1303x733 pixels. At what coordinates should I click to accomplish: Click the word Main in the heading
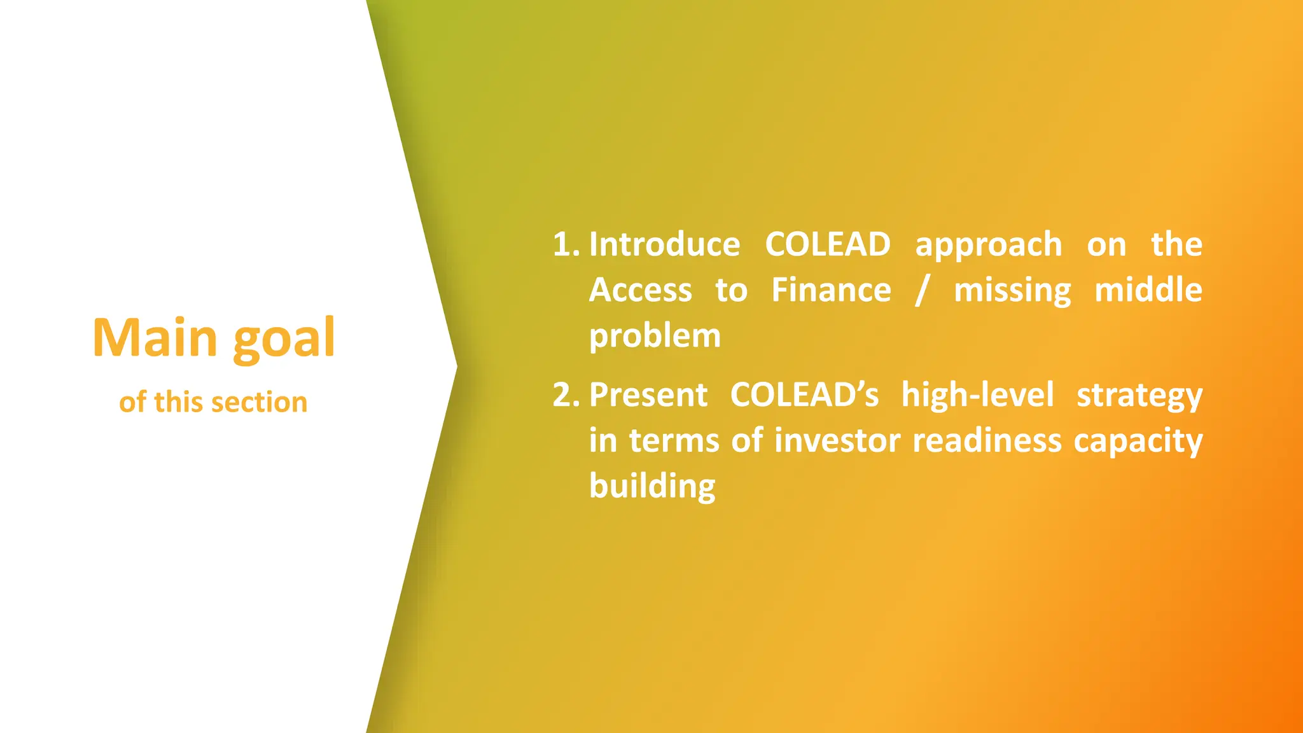point(155,338)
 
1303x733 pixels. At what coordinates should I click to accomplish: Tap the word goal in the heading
point(284,339)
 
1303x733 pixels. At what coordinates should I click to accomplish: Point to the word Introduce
point(664,245)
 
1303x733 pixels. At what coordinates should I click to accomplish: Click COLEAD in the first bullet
point(827,245)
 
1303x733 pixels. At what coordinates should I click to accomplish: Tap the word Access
point(640,291)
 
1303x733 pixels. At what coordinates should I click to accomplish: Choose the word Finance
point(831,291)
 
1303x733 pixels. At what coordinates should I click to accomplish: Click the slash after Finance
point(921,291)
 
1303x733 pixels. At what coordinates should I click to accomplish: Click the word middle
point(1148,290)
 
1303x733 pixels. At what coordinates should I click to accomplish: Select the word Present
point(648,395)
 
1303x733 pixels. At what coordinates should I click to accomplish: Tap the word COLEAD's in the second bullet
point(804,395)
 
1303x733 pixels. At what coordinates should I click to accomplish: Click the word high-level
point(977,395)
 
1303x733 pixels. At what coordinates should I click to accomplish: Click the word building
point(652,487)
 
